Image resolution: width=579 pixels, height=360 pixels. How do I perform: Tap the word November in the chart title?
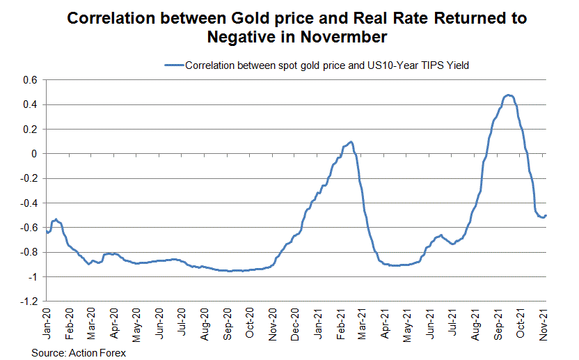pyautogui.click(x=338, y=36)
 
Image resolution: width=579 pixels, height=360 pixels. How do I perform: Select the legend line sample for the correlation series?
pyautogui.click(x=173, y=65)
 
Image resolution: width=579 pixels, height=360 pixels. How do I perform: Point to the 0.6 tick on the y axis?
pyautogui.click(x=29, y=80)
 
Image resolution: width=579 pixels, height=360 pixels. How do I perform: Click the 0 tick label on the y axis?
pyautogui.click(x=33, y=154)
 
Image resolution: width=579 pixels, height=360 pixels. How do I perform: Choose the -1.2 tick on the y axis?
pyautogui.click(x=27, y=302)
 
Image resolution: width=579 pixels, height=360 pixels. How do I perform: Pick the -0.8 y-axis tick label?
pyautogui.click(x=27, y=253)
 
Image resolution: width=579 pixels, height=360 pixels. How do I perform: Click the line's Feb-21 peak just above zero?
pyautogui.click(x=351, y=142)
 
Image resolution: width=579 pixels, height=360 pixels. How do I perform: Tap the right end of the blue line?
pyautogui.click(x=546, y=215)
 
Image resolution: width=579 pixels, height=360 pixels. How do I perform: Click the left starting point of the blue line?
pyautogui.click(x=46, y=230)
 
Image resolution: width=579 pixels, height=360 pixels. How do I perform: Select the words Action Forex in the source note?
pyautogui.click(x=97, y=352)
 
